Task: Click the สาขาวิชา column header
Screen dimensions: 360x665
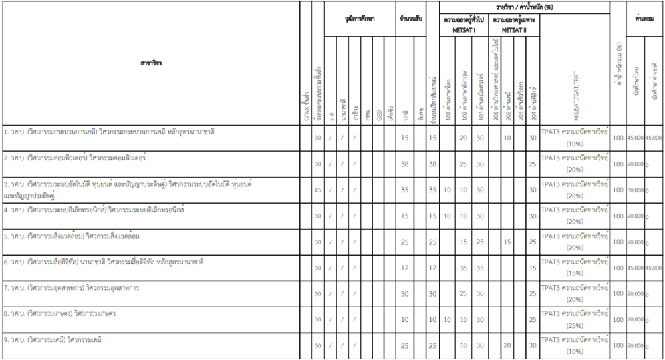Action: (151, 63)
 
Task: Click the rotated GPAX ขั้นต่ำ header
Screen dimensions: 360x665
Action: (305, 106)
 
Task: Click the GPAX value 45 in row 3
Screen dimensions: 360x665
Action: (317, 190)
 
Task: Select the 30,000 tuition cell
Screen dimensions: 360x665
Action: (635, 190)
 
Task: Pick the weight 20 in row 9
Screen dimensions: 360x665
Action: (507, 346)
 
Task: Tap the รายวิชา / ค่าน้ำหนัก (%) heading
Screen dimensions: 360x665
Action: (525, 7)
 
